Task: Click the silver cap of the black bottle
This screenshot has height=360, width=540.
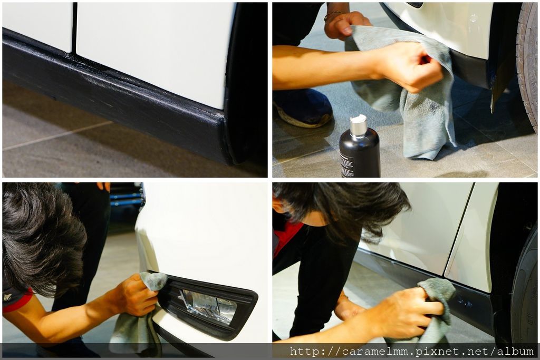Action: tap(358, 126)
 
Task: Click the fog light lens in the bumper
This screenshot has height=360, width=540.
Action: tap(209, 306)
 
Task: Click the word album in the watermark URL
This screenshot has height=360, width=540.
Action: tap(515, 352)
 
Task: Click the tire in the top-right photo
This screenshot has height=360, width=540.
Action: tap(527, 65)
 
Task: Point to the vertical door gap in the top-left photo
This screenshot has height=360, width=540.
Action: tap(74, 27)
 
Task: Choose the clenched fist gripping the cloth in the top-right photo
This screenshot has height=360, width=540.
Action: tap(408, 65)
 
